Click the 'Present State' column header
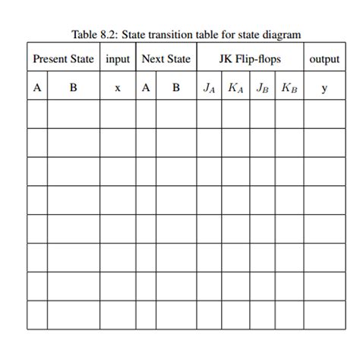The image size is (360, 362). tap(63, 59)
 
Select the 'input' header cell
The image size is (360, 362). tap(118, 59)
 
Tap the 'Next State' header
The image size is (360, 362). tap(166, 59)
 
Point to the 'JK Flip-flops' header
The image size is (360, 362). tap(250, 59)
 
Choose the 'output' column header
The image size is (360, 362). tap(324, 59)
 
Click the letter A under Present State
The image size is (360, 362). tap(36, 88)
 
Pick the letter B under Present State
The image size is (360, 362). tap(73, 88)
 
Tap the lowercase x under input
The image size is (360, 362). tap(118, 88)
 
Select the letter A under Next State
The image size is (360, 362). tap(146, 88)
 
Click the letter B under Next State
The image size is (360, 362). tap(176, 88)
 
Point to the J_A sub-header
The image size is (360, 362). tap(209, 88)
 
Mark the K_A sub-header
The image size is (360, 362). tap(235, 88)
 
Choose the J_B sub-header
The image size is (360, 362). tap(262, 88)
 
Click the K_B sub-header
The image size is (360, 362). tap(289, 88)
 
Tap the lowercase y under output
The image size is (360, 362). tap(324, 89)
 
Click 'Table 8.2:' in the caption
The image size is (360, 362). tap(91, 34)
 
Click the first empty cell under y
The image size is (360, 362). tap(324, 114)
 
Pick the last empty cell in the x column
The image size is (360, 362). tap(118, 315)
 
